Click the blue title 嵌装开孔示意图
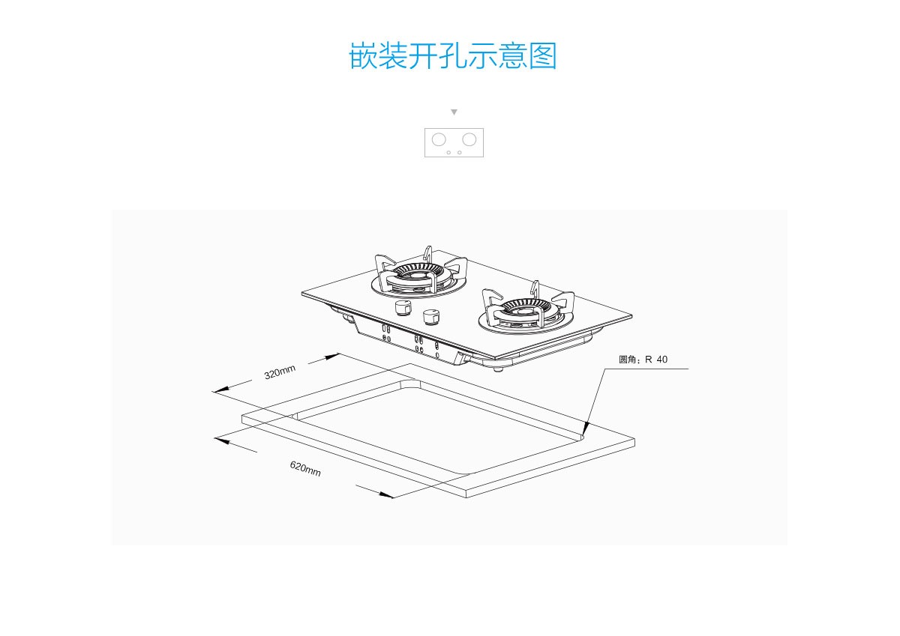pyautogui.click(x=453, y=56)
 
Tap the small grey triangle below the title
pyautogui.click(x=454, y=112)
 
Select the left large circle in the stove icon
pyautogui.click(x=439, y=139)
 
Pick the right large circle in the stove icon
pyautogui.click(x=469, y=139)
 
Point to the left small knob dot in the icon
pyautogui.click(x=448, y=152)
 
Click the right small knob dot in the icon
pyautogui.click(x=460, y=152)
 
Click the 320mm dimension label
pyautogui.click(x=280, y=372)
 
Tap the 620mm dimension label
pyautogui.click(x=305, y=469)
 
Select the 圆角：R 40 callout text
pyautogui.click(x=643, y=360)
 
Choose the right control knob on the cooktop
pyautogui.click(x=431, y=317)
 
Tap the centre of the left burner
pyautogui.click(x=414, y=276)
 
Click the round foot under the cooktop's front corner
pyautogui.click(x=497, y=368)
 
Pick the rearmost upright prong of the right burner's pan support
pyautogui.click(x=535, y=288)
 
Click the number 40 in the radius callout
pyautogui.click(x=661, y=360)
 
